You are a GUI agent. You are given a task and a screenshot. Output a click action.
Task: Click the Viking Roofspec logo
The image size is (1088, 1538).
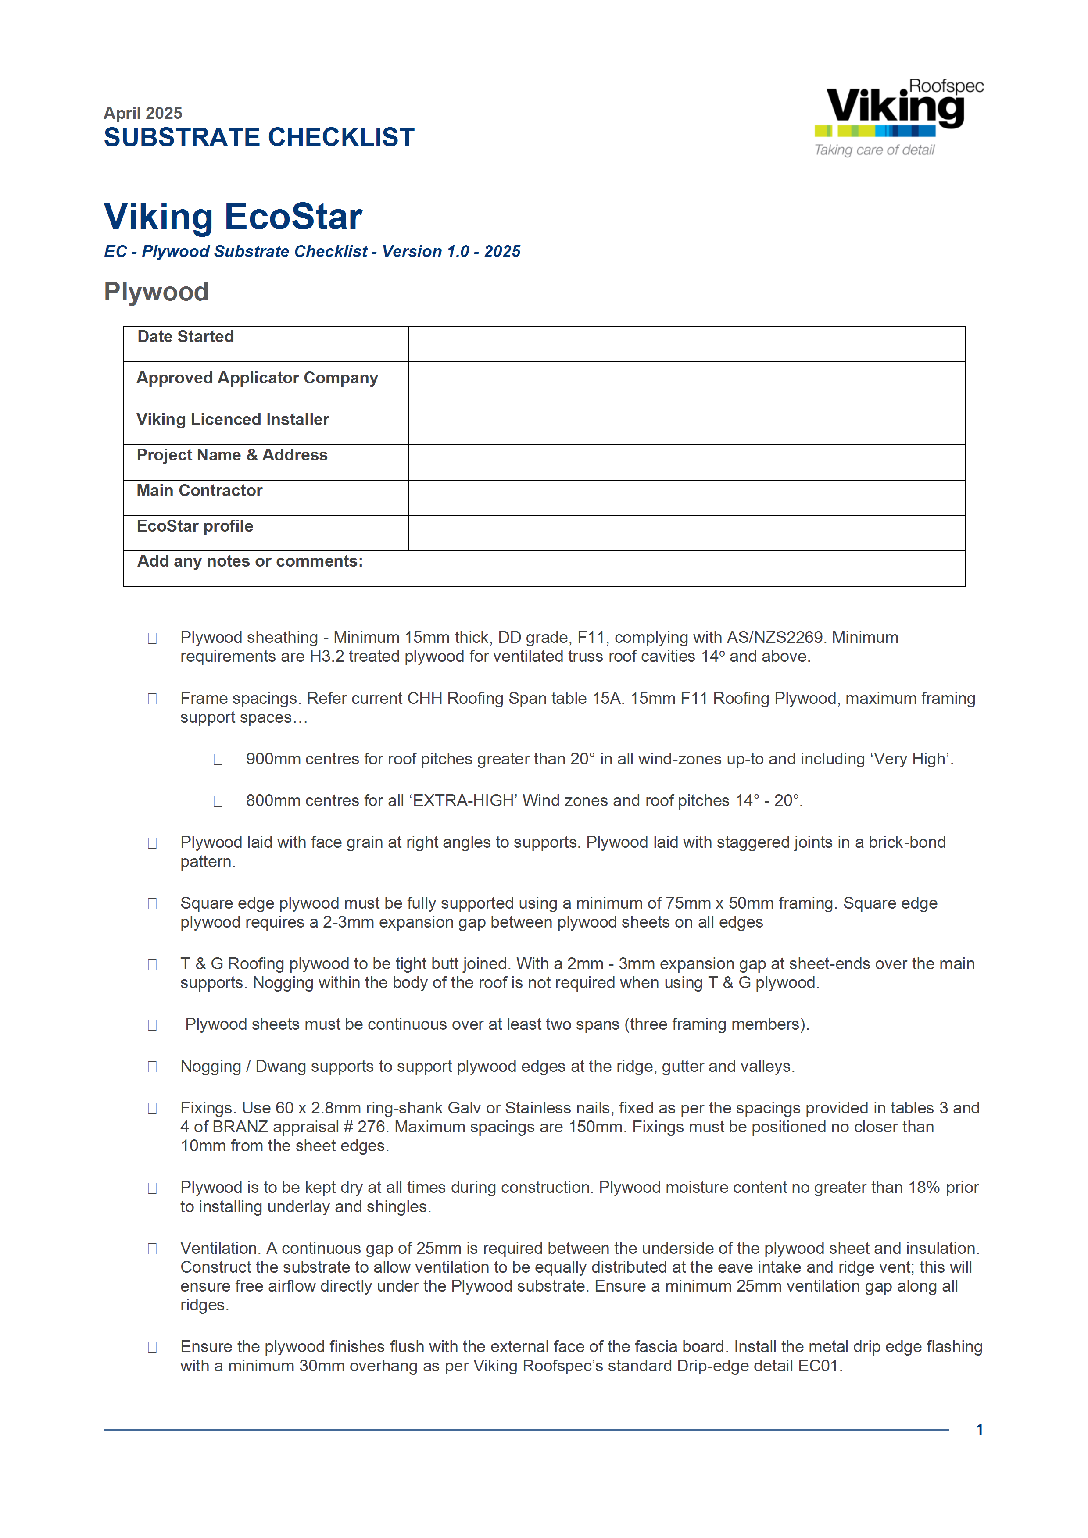pyautogui.click(x=898, y=107)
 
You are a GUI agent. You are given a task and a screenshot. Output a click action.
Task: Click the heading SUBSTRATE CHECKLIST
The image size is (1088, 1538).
pyautogui.click(x=259, y=137)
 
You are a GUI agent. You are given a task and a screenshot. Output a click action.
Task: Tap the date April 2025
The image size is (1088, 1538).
pyautogui.click(x=143, y=113)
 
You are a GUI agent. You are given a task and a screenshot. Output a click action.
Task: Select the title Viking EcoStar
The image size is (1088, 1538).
pyautogui.click(x=233, y=216)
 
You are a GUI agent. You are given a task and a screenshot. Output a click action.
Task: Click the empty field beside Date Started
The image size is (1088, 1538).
pyautogui.click(x=686, y=344)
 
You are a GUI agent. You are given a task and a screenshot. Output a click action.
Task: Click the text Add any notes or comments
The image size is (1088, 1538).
pyautogui.click(x=250, y=561)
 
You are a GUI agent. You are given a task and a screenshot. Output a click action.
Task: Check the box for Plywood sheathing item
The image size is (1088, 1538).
pyautogui.click(x=152, y=639)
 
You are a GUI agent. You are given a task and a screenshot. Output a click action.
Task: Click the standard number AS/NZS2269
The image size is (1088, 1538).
pyautogui.click(x=774, y=637)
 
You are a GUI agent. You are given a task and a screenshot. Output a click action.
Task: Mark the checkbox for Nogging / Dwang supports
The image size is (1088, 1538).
pyautogui.click(x=152, y=1067)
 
